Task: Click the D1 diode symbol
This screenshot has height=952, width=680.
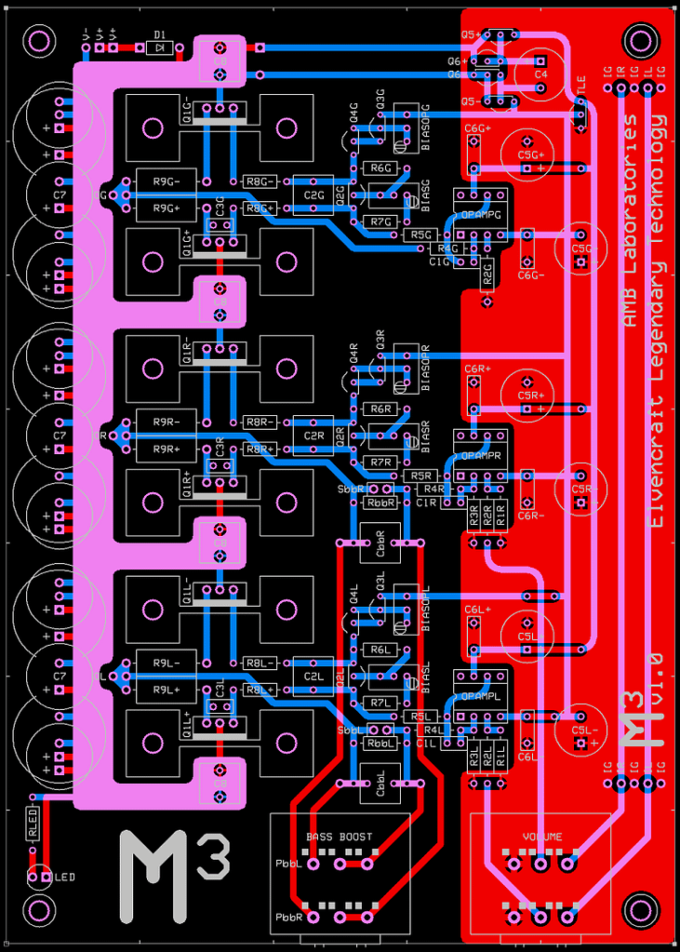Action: tap(160, 45)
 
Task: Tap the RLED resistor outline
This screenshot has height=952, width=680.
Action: tap(33, 824)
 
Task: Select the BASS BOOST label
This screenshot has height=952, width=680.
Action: tap(339, 837)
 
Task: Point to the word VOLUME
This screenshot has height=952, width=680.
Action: tap(542, 837)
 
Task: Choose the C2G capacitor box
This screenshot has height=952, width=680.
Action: tap(313, 195)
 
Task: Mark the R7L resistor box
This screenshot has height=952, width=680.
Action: tap(380, 703)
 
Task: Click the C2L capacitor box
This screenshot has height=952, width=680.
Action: tap(313, 677)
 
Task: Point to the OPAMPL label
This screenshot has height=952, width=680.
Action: tap(481, 695)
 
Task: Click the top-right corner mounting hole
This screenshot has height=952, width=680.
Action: tap(641, 41)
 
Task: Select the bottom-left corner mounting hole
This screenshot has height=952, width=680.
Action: tap(39, 909)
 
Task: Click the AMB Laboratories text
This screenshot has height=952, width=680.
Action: tap(631, 221)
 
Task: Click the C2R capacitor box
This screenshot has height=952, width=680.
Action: tap(313, 436)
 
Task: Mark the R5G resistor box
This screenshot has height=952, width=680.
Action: tap(421, 235)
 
